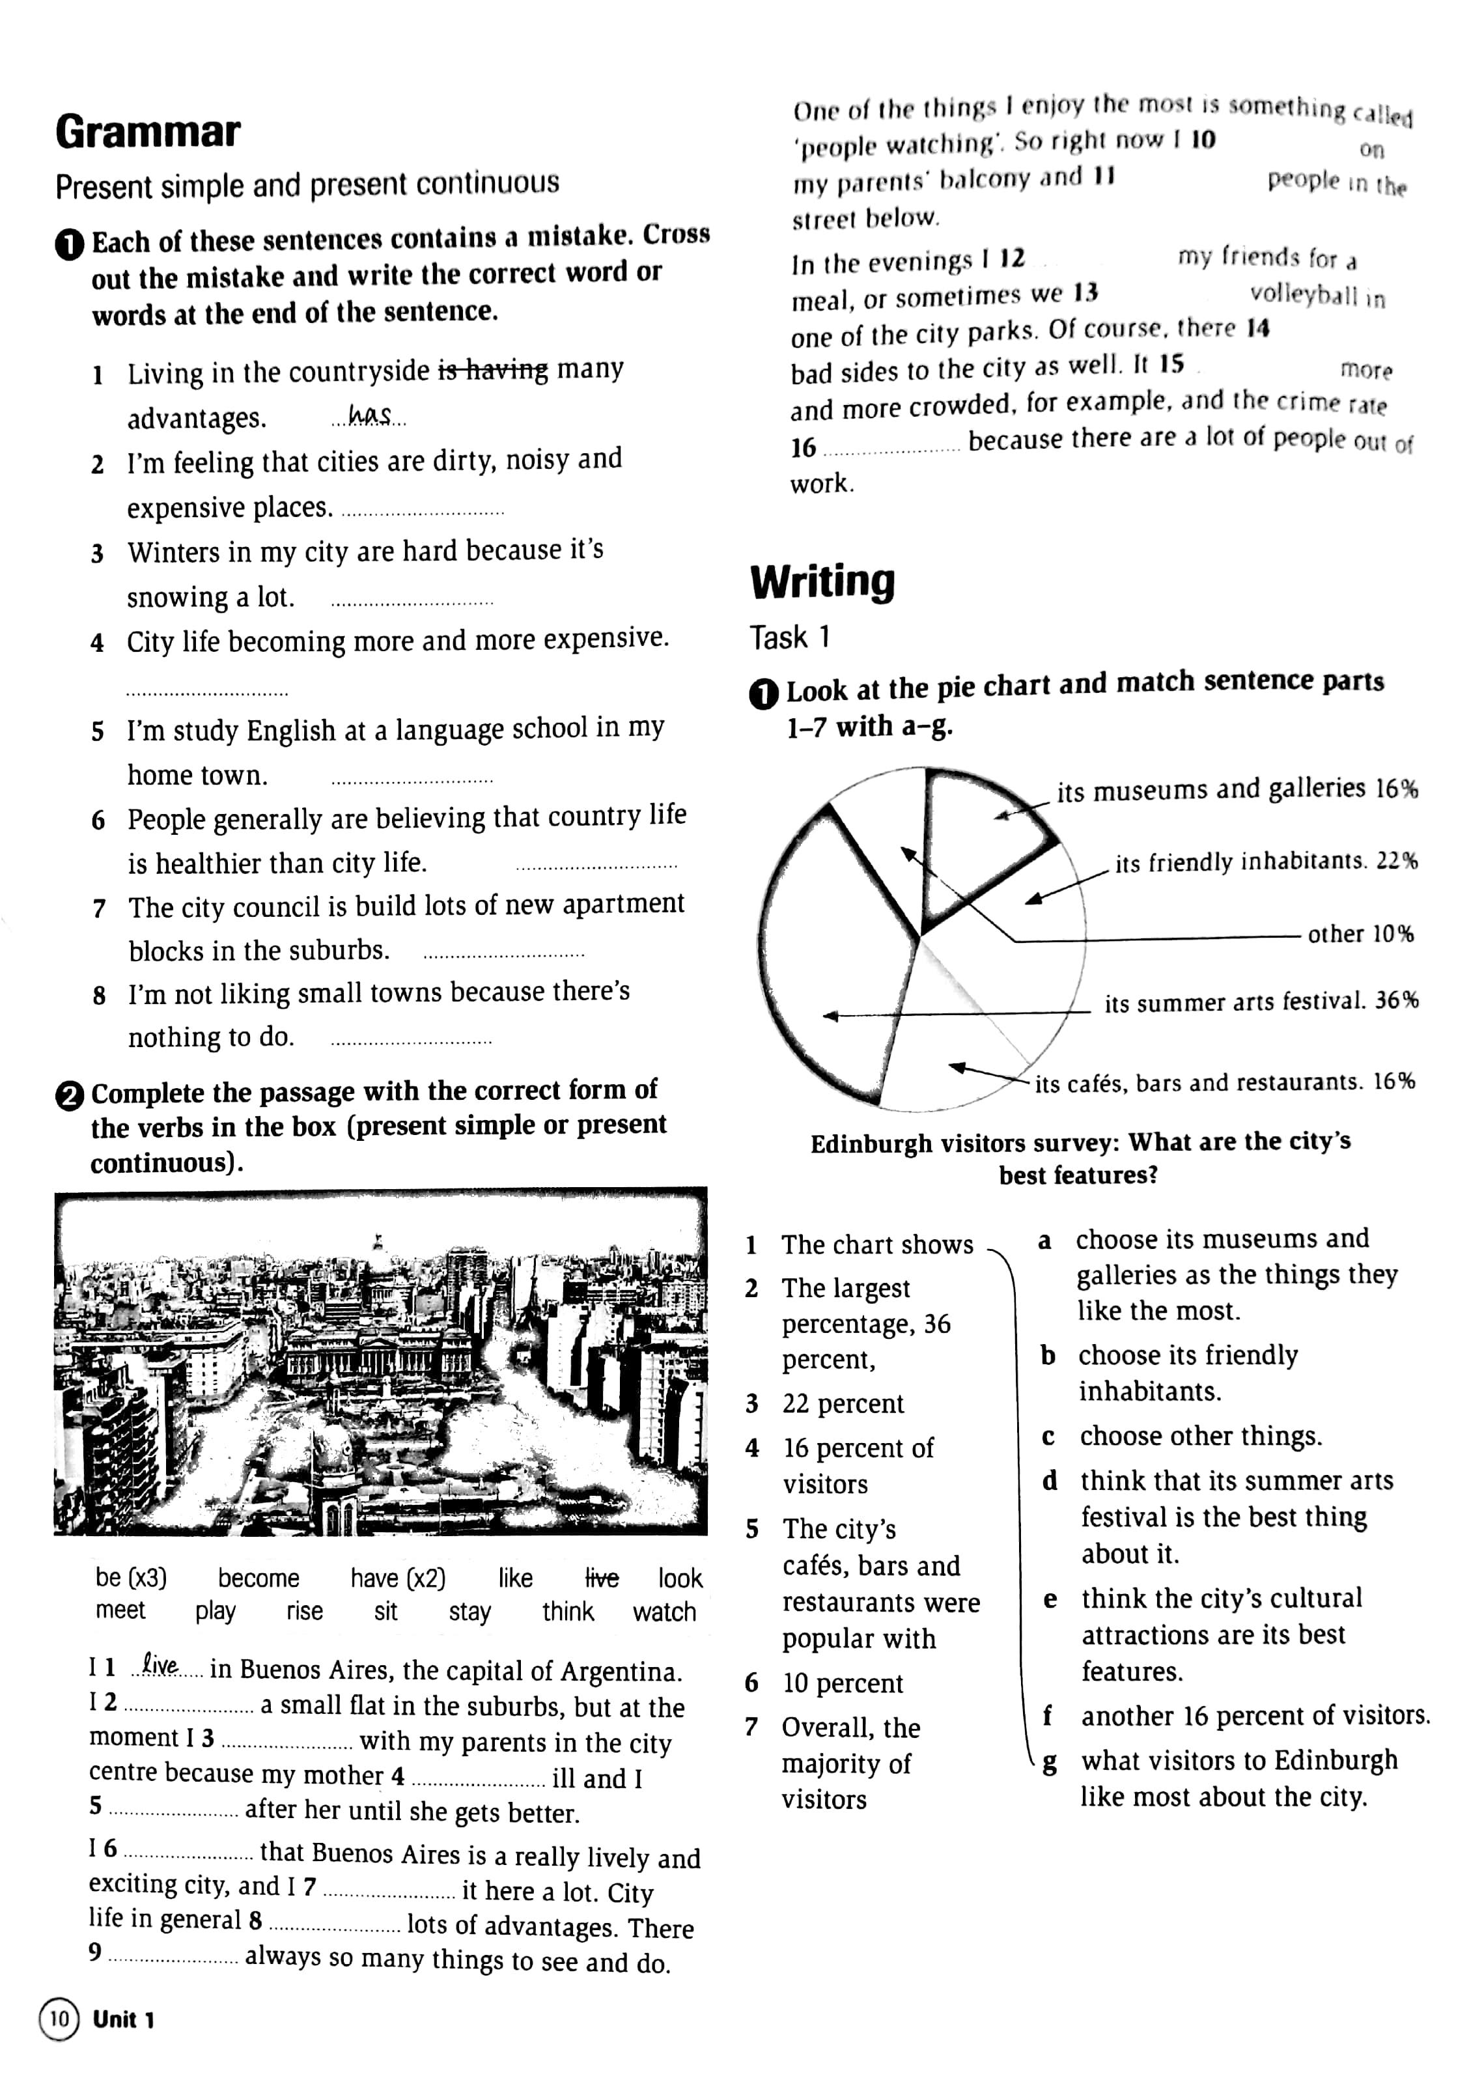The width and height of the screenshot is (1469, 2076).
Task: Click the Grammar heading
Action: pos(147,132)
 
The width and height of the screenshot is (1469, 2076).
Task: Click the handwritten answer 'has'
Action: pos(370,416)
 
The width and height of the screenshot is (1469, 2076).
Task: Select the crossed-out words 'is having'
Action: pos(493,371)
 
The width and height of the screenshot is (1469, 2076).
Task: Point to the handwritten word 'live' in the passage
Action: pos(160,1666)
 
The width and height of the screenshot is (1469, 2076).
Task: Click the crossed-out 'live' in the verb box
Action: pos(602,1578)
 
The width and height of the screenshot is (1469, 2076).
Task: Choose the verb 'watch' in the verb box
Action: pos(664,1612)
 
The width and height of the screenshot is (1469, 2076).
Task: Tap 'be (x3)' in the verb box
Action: pos(131,1578)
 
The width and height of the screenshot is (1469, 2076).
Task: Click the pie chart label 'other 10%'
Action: pos(1360,934)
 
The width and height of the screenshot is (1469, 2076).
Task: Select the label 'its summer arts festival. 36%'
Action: pos(1260,1002)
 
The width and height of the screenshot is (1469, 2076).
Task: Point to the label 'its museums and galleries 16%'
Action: pos(1237,790)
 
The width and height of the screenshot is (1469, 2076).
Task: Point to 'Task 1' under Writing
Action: pos(789,638)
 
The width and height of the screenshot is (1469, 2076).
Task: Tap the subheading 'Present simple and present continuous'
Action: pos(307,184)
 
